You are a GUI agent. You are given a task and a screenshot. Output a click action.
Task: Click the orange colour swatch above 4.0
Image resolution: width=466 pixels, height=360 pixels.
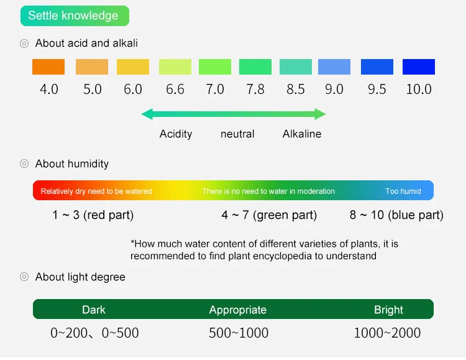coord(48,67)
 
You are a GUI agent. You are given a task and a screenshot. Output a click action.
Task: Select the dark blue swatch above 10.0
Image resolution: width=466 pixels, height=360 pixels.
coord(418,67)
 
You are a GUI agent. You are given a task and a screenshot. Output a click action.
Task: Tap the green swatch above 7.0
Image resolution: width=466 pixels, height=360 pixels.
coord(215,67)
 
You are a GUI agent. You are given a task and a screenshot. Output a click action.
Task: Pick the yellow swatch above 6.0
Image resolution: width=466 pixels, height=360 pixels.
coord(133,67)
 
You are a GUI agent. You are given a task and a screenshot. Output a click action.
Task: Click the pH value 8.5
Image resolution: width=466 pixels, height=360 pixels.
coord(296,90)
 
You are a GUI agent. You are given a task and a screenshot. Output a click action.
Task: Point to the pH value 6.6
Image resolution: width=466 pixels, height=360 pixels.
coord(175,90)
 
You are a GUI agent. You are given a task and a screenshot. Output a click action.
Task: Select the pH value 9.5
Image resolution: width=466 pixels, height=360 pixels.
coord(377,90)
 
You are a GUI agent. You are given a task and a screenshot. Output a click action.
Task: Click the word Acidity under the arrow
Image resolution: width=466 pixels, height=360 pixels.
coord(176,134)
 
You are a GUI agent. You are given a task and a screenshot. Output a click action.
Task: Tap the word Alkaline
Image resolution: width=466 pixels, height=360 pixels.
coord(302,134)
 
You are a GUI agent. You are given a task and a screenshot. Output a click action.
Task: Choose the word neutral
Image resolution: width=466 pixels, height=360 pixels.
coord(237,134)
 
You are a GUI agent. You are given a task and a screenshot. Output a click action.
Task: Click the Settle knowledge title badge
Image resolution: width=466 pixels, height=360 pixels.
coord(74,16)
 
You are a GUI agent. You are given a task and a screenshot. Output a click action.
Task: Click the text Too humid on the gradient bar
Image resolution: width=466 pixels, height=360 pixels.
coord(403,191)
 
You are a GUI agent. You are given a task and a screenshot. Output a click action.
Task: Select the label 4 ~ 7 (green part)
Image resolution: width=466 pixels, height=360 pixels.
coord(269,216)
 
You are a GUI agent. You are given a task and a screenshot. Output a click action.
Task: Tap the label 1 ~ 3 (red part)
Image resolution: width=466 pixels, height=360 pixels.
coord(93,216)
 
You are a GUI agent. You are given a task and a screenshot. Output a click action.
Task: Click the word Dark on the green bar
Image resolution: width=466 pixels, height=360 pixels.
coord(94,310)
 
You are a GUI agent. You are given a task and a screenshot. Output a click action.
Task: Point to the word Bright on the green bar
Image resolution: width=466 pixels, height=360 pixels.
coord(388,310)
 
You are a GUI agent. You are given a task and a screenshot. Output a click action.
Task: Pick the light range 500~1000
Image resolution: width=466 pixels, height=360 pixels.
coord(239,333)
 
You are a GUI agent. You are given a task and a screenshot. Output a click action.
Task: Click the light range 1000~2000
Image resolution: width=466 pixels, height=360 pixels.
coord(387,333)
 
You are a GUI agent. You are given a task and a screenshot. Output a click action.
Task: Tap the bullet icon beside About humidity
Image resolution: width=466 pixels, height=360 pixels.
coord(24,164)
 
